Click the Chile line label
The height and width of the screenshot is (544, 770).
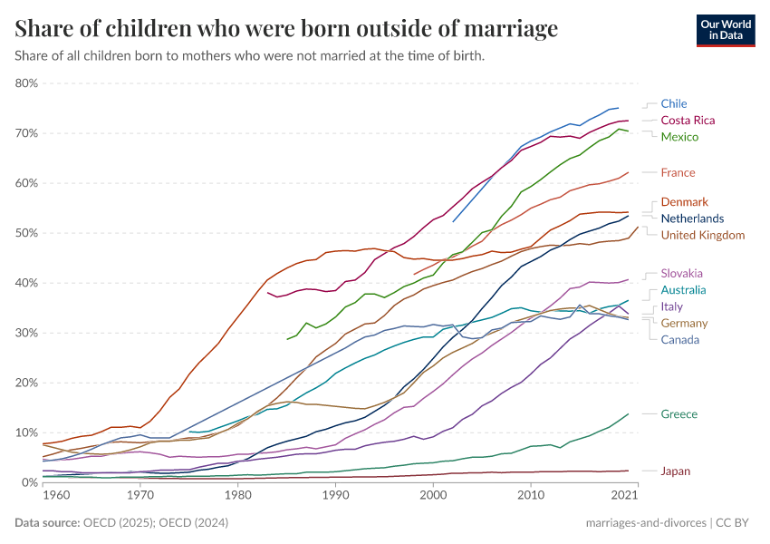pyautogui.click(x=673, y=103)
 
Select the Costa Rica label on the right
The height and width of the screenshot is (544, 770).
pyautogui.click(x=688, y=121)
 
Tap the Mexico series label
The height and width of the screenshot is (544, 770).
pyautogui.click(x=679, y=137)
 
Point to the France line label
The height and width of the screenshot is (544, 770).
pyautogui.click(x=678, y=172)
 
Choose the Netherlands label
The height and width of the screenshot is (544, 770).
pyautogui.click(x=692, y=219)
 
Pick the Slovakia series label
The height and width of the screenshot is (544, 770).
pyautogui.click(x=681, y=273)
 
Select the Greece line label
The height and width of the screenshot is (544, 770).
pyautogui.click(x=679, y=414)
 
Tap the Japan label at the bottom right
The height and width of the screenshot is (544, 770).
pyautogui.click(x=677, y=471)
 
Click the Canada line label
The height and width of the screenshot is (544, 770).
pyautogui.click(x=679, y=340)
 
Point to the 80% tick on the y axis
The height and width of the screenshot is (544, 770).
pyautogui.click(x=26, y=83)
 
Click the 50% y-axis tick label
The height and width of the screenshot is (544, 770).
pyautogui.click(x=26, y=233)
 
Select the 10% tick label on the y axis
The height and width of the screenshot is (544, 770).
pyautogui.click(x=26, y=432)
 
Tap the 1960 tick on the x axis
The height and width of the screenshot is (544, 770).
pyautogui.click(x=55, y=496)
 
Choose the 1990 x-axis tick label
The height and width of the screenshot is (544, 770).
pyautogui.click(x=336, y=496)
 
